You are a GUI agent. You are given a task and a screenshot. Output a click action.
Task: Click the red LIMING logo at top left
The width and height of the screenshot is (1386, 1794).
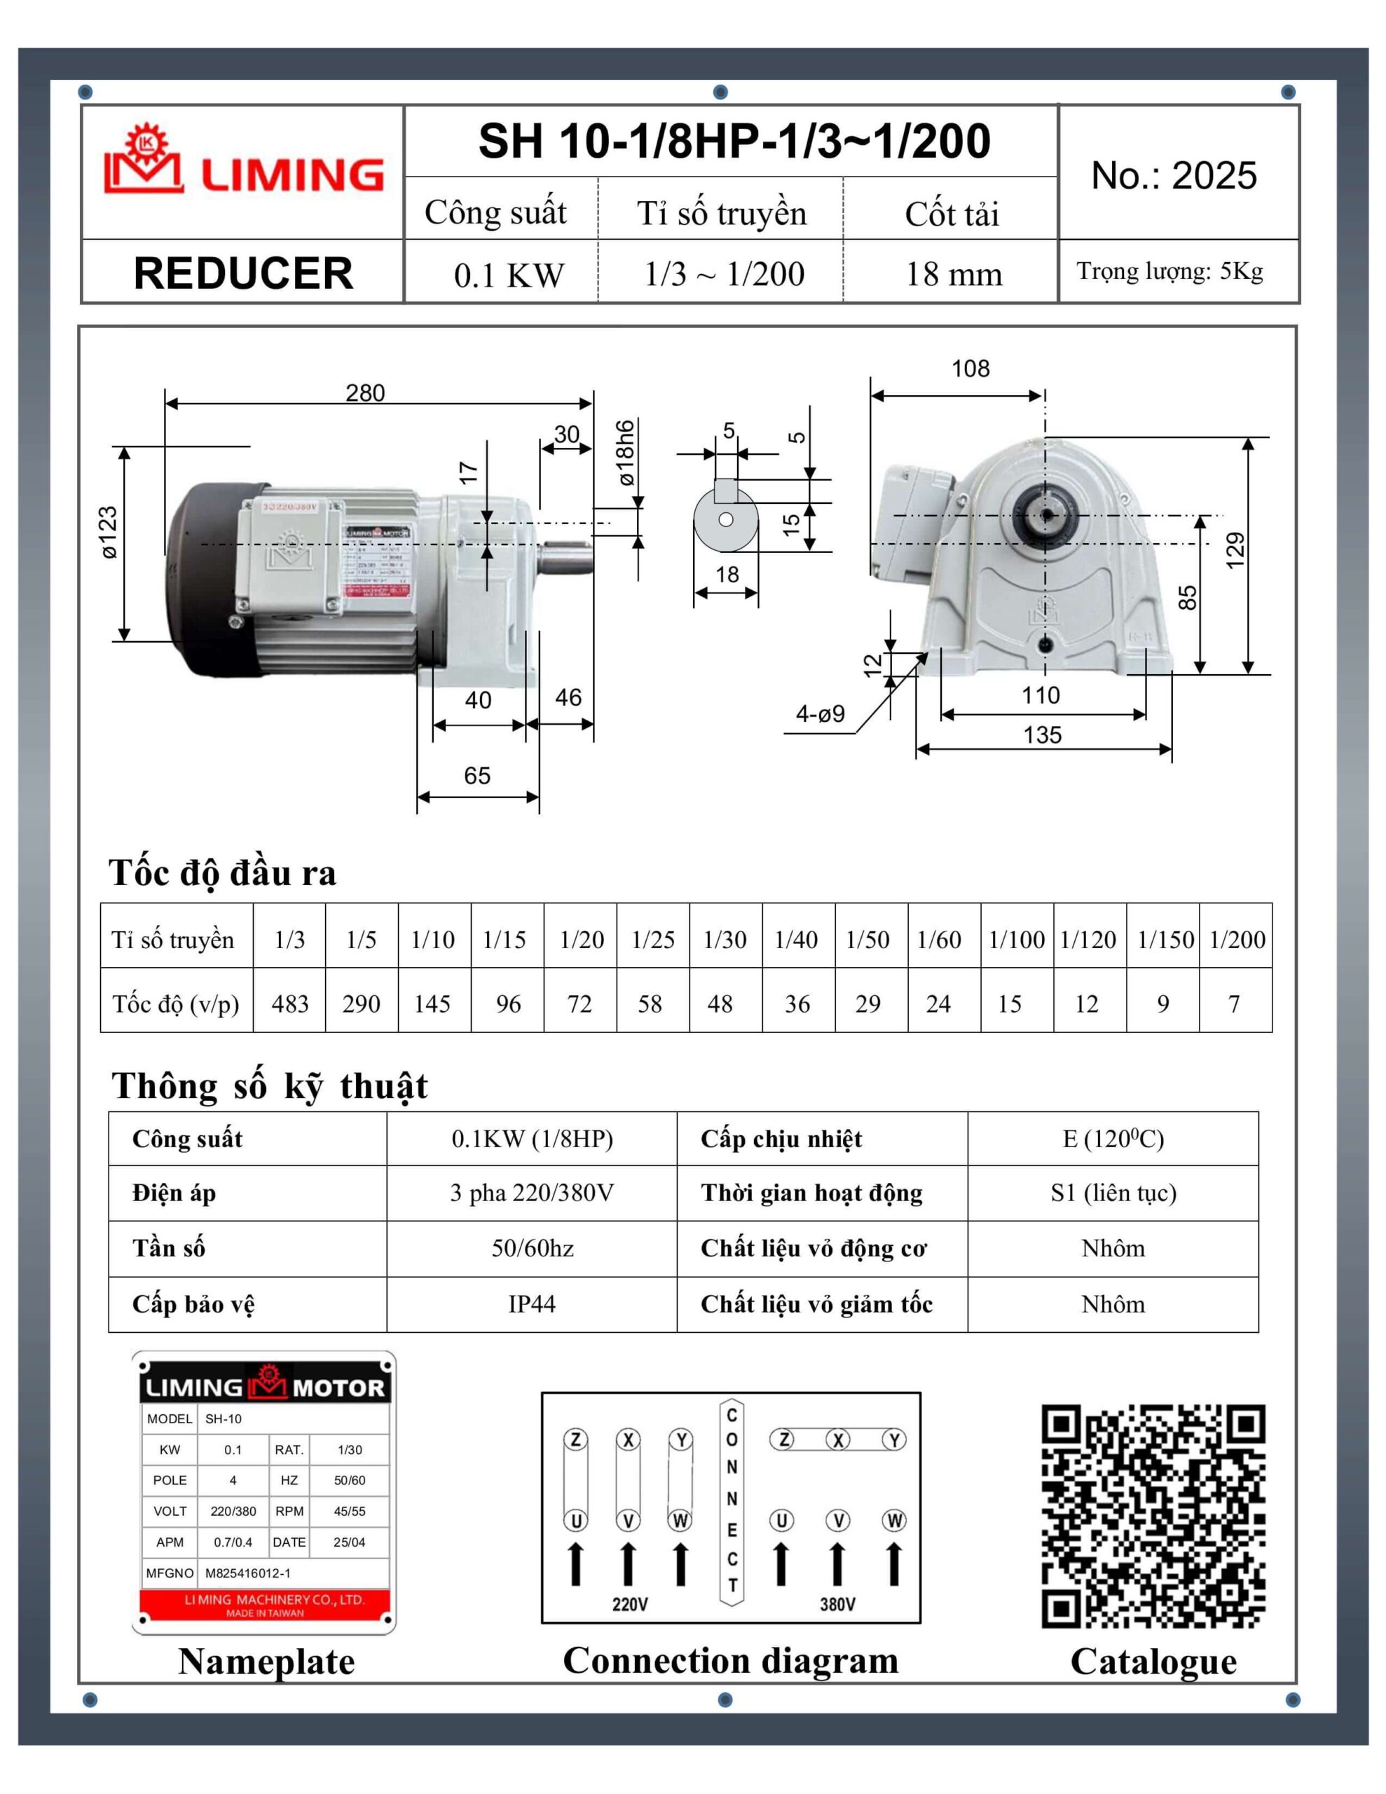(243, 161)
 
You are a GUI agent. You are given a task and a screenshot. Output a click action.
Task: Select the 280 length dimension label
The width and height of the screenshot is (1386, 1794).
(365, 392)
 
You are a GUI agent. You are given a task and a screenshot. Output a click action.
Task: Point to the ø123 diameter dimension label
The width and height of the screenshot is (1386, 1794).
(109, 533)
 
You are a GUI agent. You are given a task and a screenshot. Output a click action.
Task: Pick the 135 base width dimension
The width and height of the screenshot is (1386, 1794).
(1042, 734)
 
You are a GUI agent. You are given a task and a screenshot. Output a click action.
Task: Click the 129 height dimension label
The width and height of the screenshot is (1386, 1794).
(1234, 550)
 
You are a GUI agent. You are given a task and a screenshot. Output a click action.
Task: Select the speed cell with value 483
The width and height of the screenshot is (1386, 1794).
(290, 1004)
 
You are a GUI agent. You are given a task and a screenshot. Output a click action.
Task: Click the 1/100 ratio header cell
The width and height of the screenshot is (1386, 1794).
(1016, 940)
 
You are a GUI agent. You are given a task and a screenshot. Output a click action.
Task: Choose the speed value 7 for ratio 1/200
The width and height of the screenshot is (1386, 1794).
(1234, 1004)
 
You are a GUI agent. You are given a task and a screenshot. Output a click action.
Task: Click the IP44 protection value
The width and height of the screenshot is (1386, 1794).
(532, 1303)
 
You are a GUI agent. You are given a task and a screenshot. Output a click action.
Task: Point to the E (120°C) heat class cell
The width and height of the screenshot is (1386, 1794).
(1113, 1139)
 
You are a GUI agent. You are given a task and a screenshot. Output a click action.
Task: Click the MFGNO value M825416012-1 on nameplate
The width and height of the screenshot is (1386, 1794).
(247, 1573)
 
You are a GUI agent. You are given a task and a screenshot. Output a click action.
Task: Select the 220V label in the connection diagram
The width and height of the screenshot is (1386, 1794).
(629, 1603)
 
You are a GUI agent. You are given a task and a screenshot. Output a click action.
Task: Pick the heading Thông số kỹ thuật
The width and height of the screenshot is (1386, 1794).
(270, 1086)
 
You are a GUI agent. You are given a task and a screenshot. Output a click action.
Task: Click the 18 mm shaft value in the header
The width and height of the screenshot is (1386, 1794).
(953, 275)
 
